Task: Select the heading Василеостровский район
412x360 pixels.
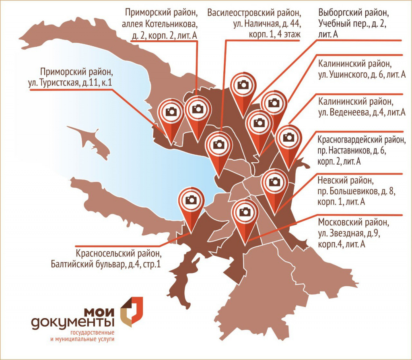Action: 254,12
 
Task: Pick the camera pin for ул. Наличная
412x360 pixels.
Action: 218,145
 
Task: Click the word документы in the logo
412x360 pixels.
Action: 73,322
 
